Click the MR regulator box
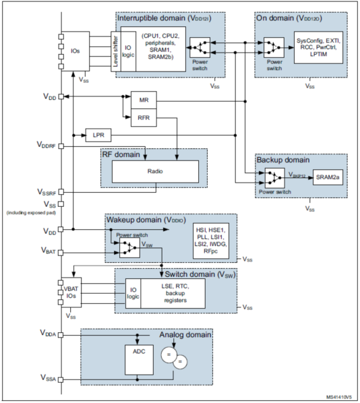click(144, 100)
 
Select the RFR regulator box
click(144, 118)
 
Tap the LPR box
click(98, 135)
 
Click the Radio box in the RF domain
click(155, 171)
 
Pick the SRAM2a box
click(328, 177)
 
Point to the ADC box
click(139, 360)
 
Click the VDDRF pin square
click(61, 146)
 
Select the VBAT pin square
click(61, 253)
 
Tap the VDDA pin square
click(61, 335)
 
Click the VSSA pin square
click(61, 379)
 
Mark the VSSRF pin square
click(61, 192)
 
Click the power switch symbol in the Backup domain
click(274, 178)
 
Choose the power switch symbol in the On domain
click(274, 48)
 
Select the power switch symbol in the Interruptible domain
click(200, 48)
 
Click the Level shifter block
click(116, 51)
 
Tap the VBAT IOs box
click(71, 292)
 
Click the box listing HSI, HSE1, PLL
click(211, 241)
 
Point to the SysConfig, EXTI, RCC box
click(318, 48)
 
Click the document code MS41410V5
click(339, 397)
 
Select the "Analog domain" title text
click(185, 335)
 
